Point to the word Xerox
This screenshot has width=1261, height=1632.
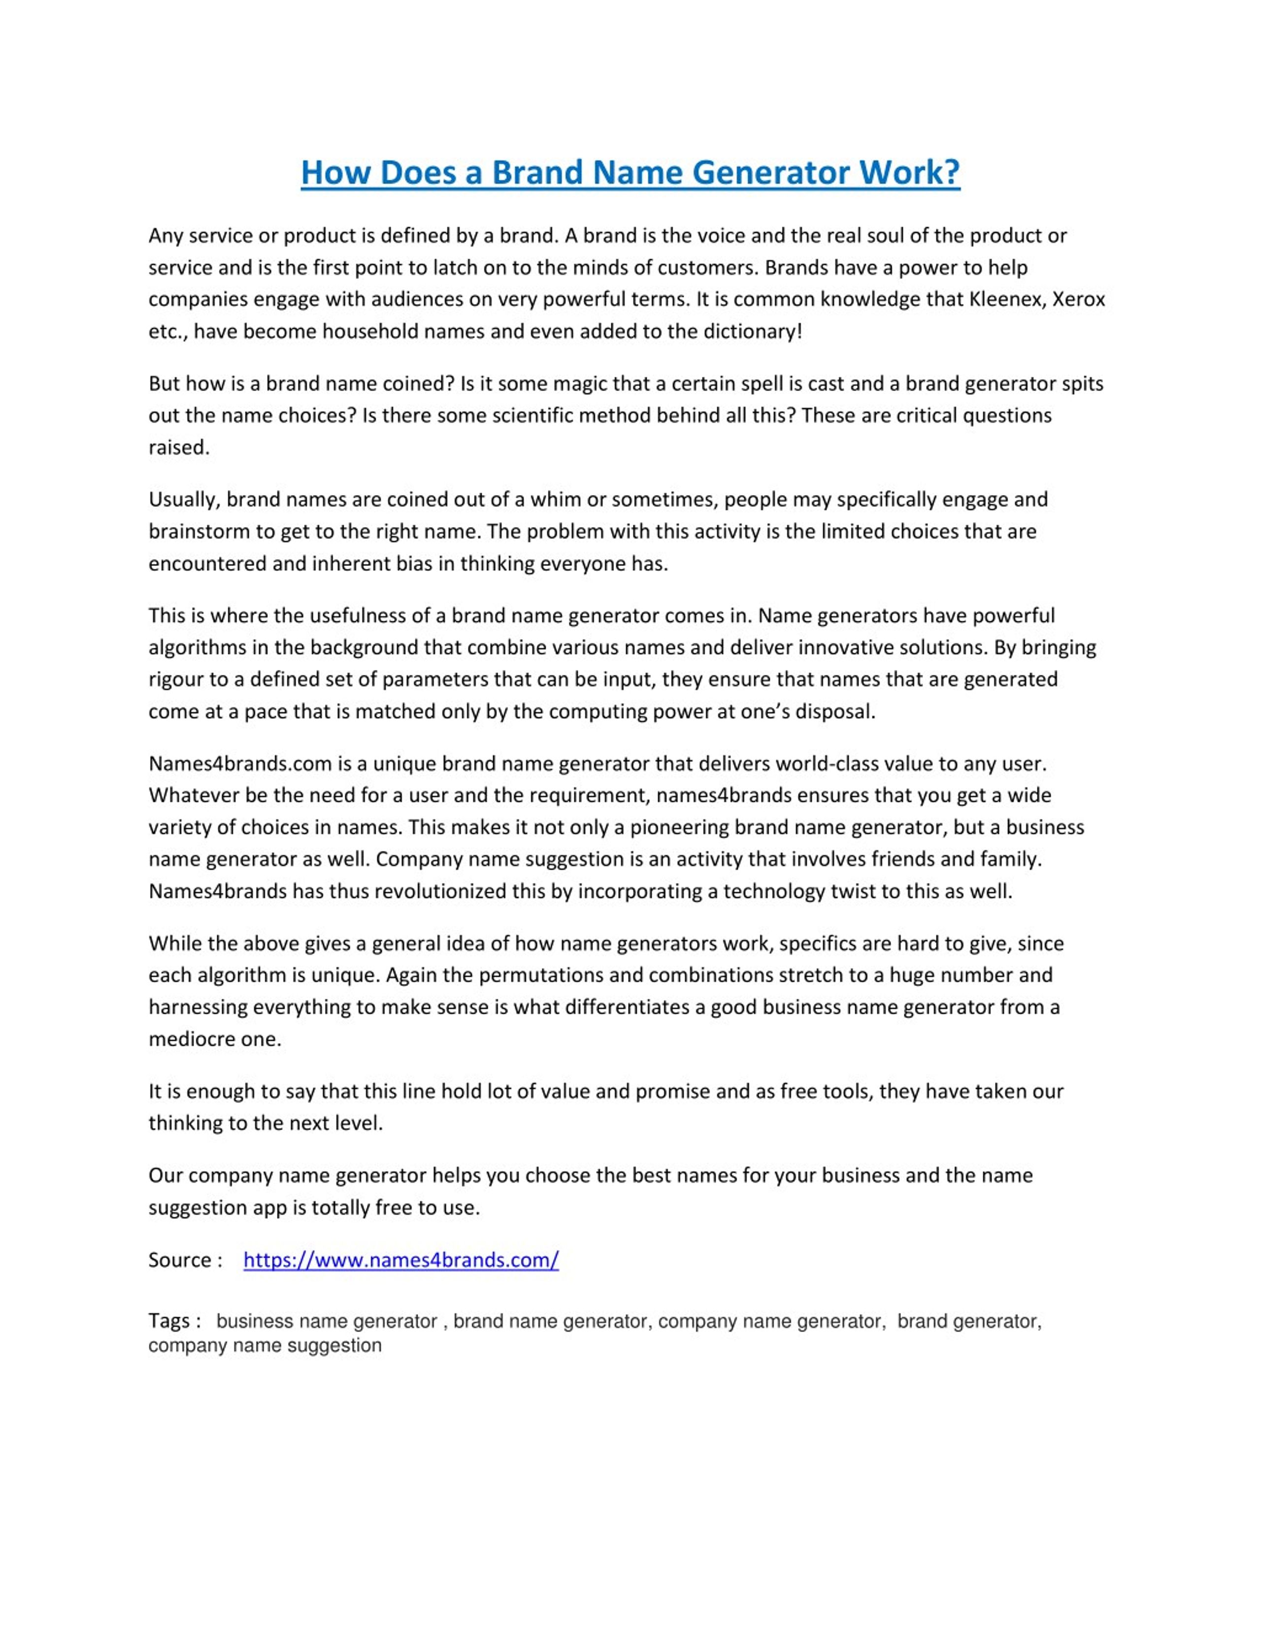[1079, 300]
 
